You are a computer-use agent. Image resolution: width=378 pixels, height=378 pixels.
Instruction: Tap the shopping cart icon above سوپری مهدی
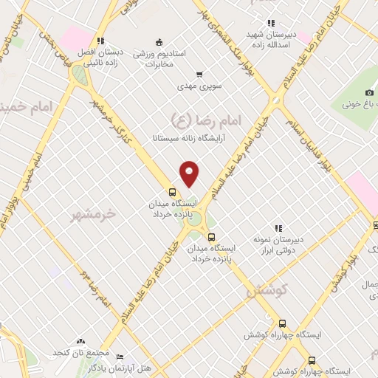pos(199,74)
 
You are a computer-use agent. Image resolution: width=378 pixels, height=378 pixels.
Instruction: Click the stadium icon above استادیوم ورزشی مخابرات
pos(158,41)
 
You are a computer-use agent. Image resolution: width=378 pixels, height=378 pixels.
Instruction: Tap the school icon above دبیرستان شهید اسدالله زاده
pos(271,23)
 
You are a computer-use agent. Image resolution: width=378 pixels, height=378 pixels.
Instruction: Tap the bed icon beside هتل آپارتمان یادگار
pos(80,366)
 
